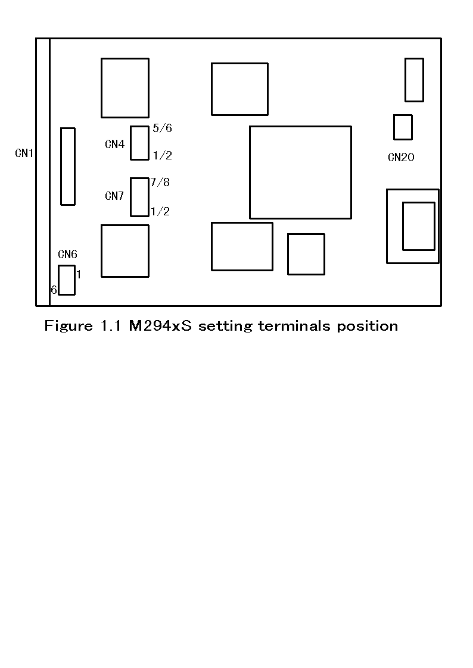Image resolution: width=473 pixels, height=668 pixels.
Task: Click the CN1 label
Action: (24, 153)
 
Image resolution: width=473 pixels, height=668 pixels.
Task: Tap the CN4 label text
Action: (114, 144)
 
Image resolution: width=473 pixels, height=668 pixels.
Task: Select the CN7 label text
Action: (114, 196)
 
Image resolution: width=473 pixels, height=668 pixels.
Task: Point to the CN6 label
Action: (67, 255)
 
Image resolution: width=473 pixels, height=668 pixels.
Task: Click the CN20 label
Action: (401, 158)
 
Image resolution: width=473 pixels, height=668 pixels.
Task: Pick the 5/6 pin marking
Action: (162, 128)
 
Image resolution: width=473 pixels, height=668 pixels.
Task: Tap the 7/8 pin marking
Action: (160, 182)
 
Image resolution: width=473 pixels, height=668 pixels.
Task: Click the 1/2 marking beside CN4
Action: (162, 156)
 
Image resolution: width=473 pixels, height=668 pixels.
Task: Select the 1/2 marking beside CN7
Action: (160, 211)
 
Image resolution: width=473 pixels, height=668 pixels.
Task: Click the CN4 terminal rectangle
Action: (139, 143)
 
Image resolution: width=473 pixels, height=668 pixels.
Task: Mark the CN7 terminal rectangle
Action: (139, 197)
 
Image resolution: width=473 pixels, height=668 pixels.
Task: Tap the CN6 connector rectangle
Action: (67, 280)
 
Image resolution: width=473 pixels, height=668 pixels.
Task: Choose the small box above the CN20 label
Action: (403, 127)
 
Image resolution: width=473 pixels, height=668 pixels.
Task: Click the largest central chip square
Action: (300, 172)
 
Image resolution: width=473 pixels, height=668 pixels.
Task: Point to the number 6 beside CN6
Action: (54, 290)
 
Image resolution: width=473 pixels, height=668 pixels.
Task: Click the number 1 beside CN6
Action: (79, 274)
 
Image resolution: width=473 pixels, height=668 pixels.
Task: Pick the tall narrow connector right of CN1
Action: (68, 167)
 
